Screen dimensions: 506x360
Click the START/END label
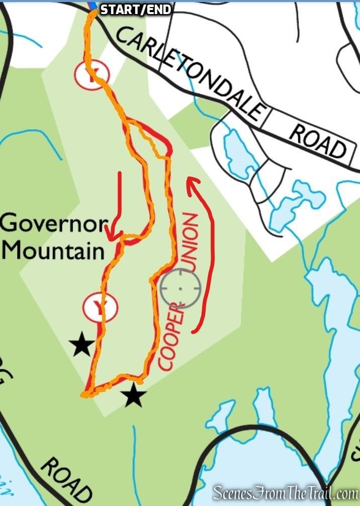coord(136,10)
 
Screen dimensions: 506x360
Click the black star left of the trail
coord(81,346)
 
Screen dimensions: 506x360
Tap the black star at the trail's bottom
coord(134,395)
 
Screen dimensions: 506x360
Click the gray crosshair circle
coord(181,288)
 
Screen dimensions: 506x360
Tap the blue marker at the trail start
coord(93,6)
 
